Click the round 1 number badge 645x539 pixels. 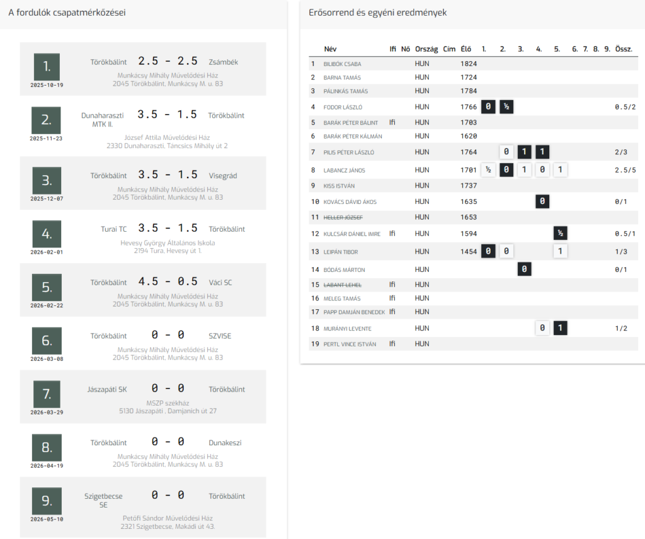point(47,67)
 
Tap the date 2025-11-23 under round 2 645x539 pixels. point(46,139)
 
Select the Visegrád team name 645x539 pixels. point(223,176)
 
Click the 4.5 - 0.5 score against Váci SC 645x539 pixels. point(168,281)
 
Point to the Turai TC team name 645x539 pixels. point(114,229)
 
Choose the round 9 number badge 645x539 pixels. point(47,501)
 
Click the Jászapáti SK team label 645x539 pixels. point(107,389)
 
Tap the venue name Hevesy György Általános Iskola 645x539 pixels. point(168,243)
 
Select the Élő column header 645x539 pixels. point(466,49)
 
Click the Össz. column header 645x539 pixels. point(624,49)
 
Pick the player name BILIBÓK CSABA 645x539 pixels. point(342,64)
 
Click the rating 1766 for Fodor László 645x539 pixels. point(469,107)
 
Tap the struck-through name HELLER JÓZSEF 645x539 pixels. point(343,217)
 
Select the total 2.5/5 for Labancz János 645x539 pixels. point(625,170)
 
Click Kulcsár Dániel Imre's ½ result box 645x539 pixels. point(560,233)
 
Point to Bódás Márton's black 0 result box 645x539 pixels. point(524,269)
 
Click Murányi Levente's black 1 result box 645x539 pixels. point(560,328)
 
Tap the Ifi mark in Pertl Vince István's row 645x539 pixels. point(392,344)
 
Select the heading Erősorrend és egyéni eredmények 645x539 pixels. point(378,13)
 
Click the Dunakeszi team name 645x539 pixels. point(225,443)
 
